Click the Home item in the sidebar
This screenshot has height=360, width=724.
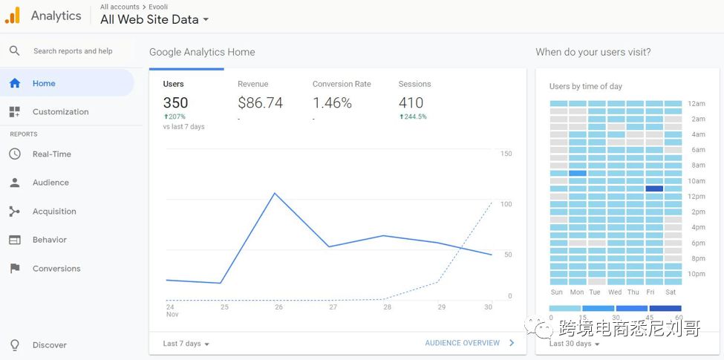[x=43, y=84]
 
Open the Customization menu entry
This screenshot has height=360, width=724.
[x=59, y=112]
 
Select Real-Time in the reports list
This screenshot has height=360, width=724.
[x=51, y=154]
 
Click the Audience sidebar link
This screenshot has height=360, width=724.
[x=50, y=183]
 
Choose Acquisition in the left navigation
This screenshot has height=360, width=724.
[x=53, y=212]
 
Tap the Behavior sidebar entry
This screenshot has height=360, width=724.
[x=49, y=240]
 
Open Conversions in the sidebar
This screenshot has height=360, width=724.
[x=56, y=269]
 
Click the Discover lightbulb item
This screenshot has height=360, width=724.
[x=49, y=345]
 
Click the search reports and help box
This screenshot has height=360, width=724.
[x=72, y=51]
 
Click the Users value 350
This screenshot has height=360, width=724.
[x=175, y=103]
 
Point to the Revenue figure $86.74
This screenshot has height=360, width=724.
[x=260, y=103]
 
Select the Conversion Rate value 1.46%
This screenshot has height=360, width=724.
[x=332, y=103]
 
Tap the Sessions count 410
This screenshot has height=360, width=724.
[x=411, y=103]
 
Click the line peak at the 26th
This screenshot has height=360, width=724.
[x=275, y=193]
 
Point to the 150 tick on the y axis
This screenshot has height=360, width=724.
[x=506, y=154]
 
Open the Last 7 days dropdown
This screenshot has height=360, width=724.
[x=186, y=344]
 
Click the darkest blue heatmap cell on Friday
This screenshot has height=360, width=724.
[x=654, y=189]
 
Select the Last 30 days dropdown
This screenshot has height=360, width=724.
[x=574, y=344]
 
